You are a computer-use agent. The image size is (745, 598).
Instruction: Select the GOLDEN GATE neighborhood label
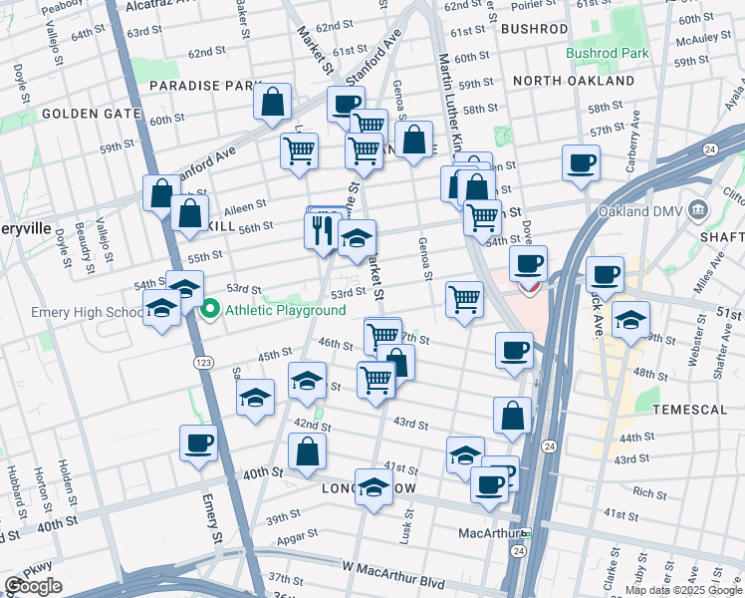[91, 114]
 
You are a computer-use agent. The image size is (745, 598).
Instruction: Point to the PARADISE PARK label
[206, 86]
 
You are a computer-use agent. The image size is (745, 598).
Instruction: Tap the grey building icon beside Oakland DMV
[697, 210]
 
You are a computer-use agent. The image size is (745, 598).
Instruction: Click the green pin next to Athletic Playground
[210, 310]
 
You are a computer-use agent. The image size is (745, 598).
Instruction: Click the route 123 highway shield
[203, 361]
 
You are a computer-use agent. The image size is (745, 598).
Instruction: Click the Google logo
[33, 586]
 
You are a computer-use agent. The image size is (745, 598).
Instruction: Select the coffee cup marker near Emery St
[197, 442]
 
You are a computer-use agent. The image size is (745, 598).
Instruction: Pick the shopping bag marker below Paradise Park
[271, 103]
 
